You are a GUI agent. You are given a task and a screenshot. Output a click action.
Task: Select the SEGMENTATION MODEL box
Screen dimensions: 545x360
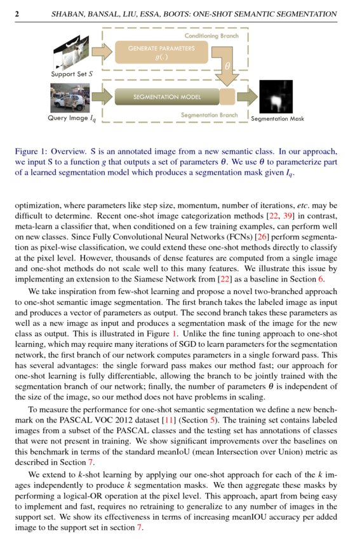pyautogui.click(x=166, y=97)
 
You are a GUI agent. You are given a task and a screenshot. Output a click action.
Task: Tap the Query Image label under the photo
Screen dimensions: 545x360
pyautogui.click(x=72, y=118)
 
